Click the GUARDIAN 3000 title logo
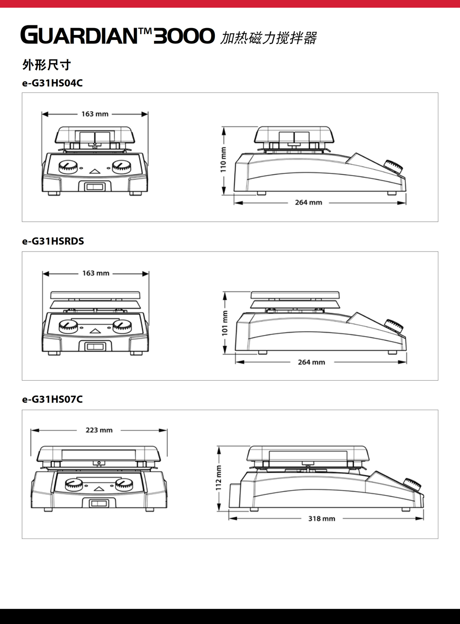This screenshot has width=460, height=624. pos(117,35)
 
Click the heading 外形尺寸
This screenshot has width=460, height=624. pos(46,65)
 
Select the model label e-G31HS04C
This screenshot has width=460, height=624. pos(52,83)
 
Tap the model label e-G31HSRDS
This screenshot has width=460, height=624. pos(53,241)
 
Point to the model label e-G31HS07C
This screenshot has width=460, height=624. pos(52,400)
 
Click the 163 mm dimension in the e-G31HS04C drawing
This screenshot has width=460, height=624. pos(95,114)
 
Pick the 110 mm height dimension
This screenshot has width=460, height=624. pos(223,160)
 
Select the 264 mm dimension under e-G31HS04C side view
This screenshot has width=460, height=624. pos(309,202)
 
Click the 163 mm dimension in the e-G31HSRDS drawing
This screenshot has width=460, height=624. pos(96,273)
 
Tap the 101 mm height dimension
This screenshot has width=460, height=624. pos(224,323)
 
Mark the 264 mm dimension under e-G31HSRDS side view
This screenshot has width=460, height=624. pos(311,362)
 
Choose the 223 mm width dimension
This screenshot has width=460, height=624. pos(99,430)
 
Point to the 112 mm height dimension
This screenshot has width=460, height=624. pos(219,478)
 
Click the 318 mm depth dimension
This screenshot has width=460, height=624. pos(322,519)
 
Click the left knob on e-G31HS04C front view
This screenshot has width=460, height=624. pos(68,167)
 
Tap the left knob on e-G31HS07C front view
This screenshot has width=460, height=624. pos(74,484)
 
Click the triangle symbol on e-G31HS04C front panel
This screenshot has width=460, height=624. pos(95,172)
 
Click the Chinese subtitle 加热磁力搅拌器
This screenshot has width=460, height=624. pos(269,38)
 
